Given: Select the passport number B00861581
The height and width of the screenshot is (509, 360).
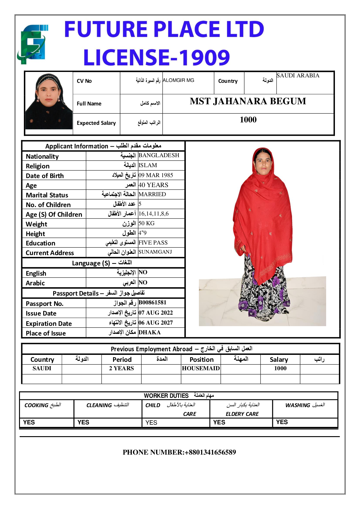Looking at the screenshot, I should pos(152,303).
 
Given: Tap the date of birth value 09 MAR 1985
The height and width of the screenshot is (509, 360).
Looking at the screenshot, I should pos(156,175).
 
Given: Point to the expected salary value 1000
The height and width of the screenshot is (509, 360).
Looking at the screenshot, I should pos(248,120).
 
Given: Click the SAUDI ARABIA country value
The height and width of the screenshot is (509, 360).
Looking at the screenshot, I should pos(298,76).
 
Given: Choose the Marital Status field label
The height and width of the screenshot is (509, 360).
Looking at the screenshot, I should pos(47,195).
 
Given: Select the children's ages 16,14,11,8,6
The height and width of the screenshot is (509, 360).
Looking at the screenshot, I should pos(154,214).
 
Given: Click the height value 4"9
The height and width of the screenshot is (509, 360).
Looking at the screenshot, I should pos(142,233).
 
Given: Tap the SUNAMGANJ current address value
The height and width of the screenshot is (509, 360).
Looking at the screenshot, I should pos(155,252).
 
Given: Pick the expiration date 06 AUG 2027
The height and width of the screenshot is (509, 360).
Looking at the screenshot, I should pos(156,323).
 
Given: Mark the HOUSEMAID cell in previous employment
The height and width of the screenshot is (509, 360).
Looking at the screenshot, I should pos(201,368).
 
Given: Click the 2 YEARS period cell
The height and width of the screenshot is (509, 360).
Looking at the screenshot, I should pos(122,368).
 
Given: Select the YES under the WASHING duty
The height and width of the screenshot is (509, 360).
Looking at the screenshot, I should pos(282,422).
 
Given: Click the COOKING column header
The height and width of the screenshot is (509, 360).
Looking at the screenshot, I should pos(43,405).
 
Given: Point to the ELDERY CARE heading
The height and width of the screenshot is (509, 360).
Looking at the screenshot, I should pos(242,414).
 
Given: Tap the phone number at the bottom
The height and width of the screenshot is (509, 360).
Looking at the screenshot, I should pos(179,452).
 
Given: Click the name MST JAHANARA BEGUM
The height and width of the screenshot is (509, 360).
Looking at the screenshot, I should pos(248,101).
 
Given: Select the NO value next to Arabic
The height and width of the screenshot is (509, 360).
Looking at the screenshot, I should pos(143,283).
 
